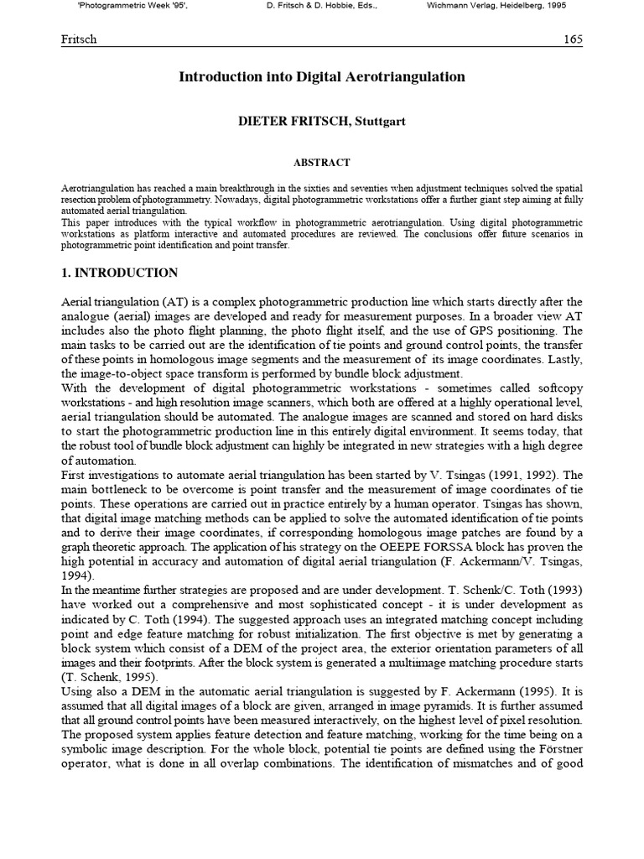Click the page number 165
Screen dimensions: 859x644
click(573, 39)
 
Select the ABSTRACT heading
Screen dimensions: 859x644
click(322, 163)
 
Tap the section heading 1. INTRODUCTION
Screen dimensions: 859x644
click(120, 273)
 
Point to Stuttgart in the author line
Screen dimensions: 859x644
click(380, 122)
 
